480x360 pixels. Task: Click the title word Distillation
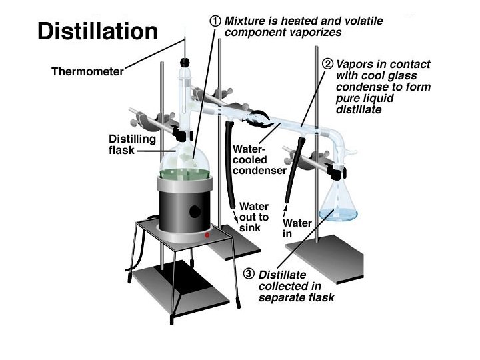coord(97,31)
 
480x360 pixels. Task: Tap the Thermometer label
coord(87,71)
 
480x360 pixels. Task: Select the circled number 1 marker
coord(215,21)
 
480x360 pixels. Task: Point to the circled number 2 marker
coord(327,65)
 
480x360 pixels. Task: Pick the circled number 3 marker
coord(248,273)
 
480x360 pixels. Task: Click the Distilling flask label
coord(132,145)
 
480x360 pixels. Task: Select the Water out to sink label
coord(254,217)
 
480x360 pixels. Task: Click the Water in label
coord(297,228)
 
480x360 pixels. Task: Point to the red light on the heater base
coord(207,235)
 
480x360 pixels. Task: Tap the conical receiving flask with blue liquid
coord(337,203)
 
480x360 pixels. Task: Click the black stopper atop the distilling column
coord(183,63)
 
